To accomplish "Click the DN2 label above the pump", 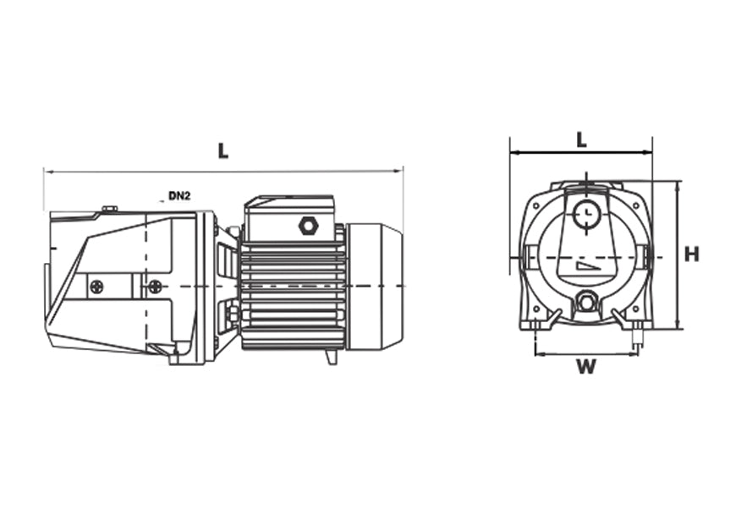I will [x=179, y=196].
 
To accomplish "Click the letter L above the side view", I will [x=222, y=151].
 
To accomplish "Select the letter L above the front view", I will [x=581, y=140].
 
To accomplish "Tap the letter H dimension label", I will [x=692, y=254].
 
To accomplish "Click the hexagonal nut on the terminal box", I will [x=307, y=226].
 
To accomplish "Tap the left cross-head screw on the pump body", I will [x=97, y=287].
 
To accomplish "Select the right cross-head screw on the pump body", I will [x=154, y=287].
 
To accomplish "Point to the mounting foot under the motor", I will [x=332, y=357].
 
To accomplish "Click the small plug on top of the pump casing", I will [x=108, y=208].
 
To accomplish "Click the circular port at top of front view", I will [x=584, y=216].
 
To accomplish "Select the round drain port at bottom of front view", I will [x=585, y=301].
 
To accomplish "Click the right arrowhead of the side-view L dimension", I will [x=400, y=171].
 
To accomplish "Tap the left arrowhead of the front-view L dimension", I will [x=513, y=153].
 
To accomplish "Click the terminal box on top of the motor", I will [x=289, y=220].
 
